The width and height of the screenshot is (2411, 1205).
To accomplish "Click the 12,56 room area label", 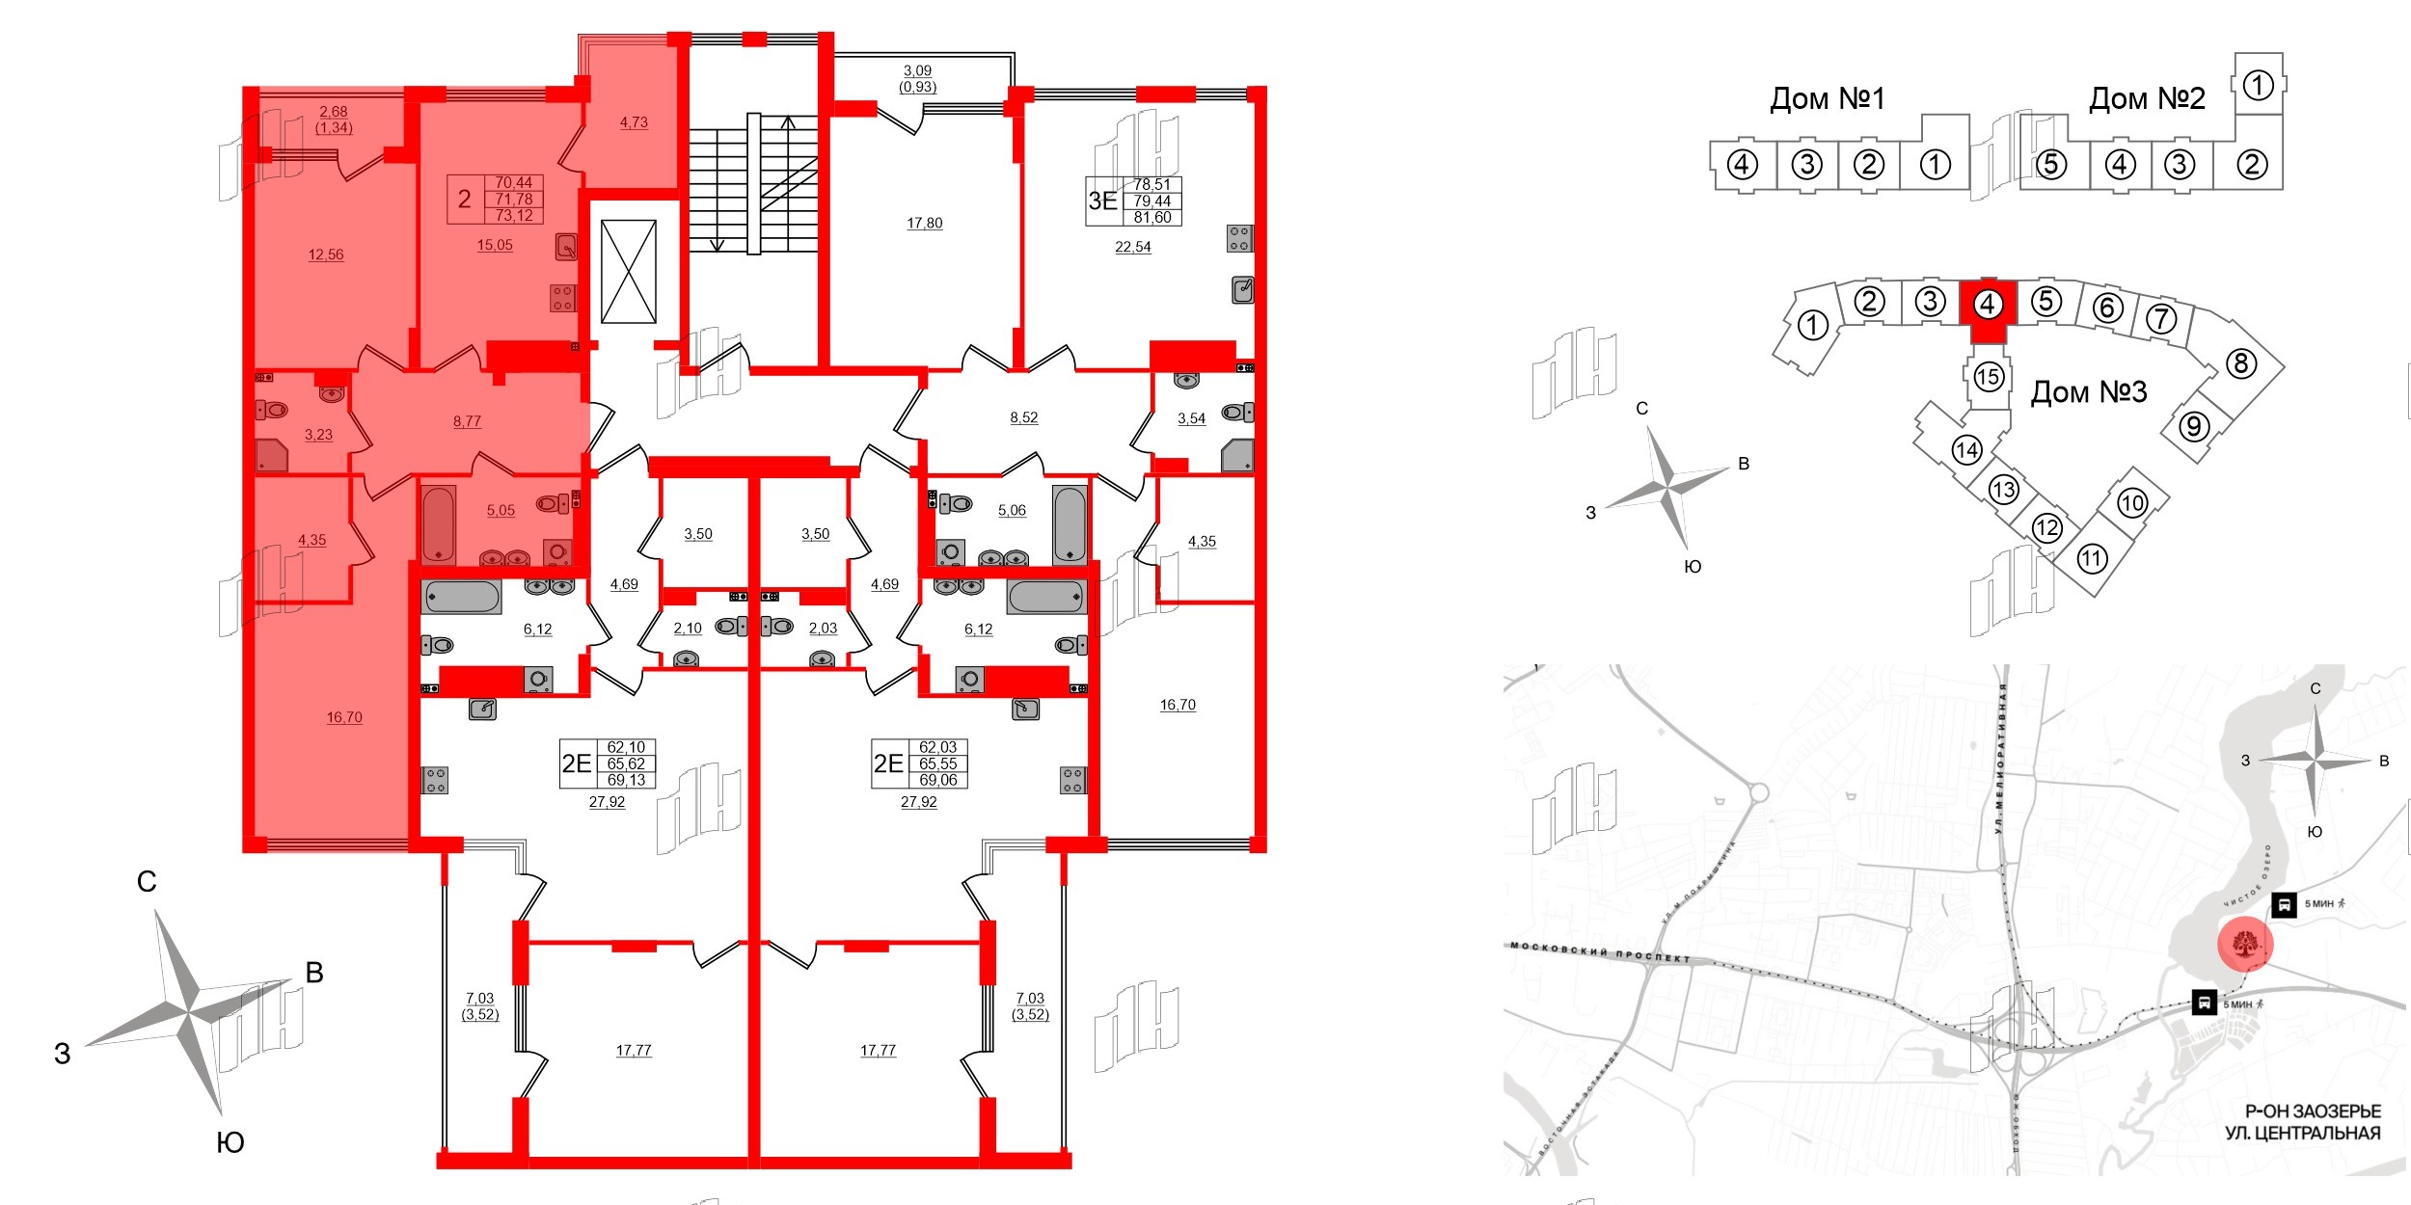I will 326,254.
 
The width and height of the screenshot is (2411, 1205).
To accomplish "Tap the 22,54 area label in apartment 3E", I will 1132,247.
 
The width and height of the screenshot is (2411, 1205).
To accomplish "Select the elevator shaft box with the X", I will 628,272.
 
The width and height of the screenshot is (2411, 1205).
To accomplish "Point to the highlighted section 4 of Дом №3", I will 1986,307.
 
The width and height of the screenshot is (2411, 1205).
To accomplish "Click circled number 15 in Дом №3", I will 1988,376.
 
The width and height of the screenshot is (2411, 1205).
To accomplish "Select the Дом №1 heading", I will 1827,98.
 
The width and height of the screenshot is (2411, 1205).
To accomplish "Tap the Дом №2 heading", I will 2146,98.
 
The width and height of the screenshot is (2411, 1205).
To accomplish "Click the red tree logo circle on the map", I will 2245,945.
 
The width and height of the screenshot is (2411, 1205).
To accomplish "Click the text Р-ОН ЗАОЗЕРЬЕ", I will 2312,1111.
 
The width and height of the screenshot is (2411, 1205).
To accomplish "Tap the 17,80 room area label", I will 924,223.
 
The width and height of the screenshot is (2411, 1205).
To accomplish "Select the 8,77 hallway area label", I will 467,421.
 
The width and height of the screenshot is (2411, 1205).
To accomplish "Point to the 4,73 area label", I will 634,122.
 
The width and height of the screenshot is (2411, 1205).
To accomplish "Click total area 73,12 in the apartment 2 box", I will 514,215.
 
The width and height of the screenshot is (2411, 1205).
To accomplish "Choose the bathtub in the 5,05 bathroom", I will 439,524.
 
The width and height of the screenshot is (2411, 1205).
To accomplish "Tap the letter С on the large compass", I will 147,881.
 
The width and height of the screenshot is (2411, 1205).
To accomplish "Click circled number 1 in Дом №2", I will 2258,86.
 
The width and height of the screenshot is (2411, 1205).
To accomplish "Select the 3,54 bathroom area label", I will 1191,418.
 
